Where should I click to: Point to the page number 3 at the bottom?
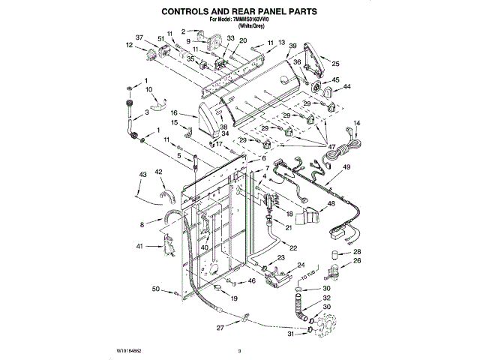(x=238, y=350)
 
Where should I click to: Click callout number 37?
(x=139, y=37)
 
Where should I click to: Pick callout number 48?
(x=331, y=203)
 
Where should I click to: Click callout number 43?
(x=142, y=175)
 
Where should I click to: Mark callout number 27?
(x=220, y=328)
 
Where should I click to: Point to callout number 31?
(x=291, y=334)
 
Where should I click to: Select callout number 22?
(x=293, y=248)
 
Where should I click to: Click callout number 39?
(x=292, y=46)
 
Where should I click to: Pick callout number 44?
(x=346, y=88)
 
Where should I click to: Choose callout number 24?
(x=301, y=265)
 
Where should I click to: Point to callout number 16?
(x=172, y=113)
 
